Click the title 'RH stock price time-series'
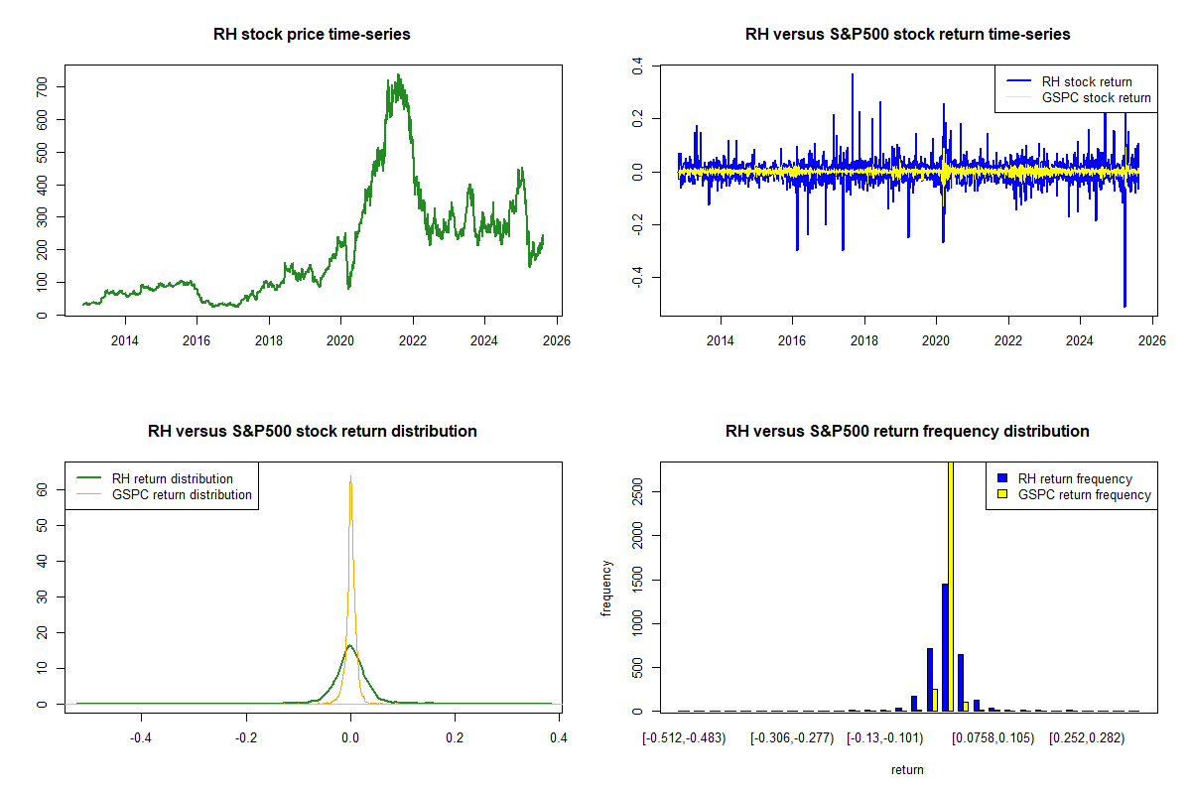pyautogui.click(x=312, y=35)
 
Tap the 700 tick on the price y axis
pyautogui.click(x=46, y=87)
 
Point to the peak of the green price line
pyautogui.click(x=398, y=74)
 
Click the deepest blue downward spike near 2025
pyautogui.click(x=1125, y=305)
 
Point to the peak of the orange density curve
pyautogui.click(x=350, y=478)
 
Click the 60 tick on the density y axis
pyautogui.click(x=46, y=489)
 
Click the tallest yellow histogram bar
pyautogui.click(x=951, y=586)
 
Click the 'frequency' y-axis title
pyautogui.click(x=606, y=588)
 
